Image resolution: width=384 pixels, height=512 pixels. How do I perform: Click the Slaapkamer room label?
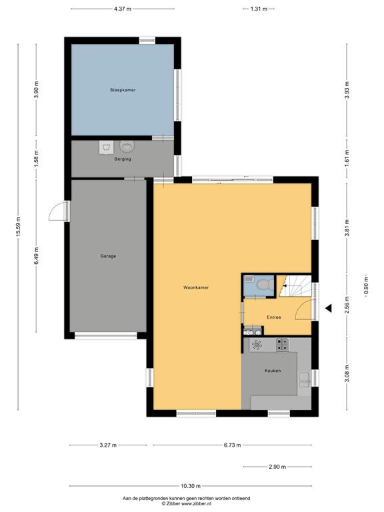pyautogui.click(x=123, y=89)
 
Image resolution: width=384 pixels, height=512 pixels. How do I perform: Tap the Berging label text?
pyautogui.click(x=123, y=159)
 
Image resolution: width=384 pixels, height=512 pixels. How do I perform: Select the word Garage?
pyautogui.click(x=109, y=256)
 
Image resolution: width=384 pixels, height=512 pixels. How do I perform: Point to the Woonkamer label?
pyautogui.click(x=197, y=287)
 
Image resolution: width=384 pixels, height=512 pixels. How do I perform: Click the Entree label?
pyautogui.click(x=273, y=317)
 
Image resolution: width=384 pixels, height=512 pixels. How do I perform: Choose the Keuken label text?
pyautogui.click(x=272, y=371)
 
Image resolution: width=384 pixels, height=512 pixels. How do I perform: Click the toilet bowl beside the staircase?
pyautogui.click(x=261, y=285)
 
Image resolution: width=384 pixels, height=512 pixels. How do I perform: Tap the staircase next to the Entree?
pyautogui.click(x=296, y=289)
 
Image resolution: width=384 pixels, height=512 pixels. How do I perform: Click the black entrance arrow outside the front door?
pyautogui.click(x=328, y=308)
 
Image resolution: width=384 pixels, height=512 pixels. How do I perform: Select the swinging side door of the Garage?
pyautogui.click(x=58, y=211)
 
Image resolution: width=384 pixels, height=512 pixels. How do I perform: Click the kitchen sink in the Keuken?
pyautogui.click(x=304, y=379)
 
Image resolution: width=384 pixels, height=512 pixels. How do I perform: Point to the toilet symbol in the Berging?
pyautogui.click(x=127, y=145)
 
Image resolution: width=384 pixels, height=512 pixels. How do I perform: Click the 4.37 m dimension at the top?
pyautogui.click(x=121, y=9)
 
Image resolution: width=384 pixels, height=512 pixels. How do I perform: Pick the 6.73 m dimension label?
pyautogui.click(x=231, y=445)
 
